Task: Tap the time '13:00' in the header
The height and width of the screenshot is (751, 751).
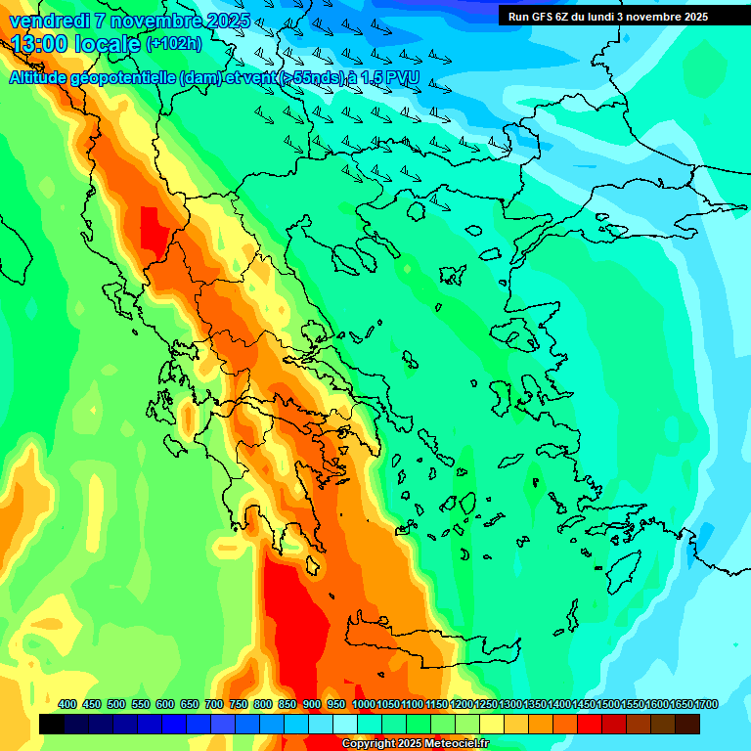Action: (40, 44)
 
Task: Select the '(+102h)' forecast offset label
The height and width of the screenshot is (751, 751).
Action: (174, 44)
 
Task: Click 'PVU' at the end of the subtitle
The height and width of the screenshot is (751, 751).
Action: (403, 77)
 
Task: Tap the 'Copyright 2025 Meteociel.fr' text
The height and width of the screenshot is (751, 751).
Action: (415, 744)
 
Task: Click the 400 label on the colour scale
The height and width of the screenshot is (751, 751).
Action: (67, 705)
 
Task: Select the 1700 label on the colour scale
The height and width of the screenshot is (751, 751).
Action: (706, 705)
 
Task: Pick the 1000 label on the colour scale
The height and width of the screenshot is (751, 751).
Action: (363, 705)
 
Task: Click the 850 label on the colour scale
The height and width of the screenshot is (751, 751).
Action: (287, 705)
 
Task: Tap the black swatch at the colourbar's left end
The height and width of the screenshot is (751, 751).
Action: (52, 725)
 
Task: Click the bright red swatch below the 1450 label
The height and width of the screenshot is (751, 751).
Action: (590, 725)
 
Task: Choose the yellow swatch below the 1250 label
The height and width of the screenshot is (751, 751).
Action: (492, 725)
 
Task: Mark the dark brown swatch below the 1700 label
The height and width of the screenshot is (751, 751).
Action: (687, 725)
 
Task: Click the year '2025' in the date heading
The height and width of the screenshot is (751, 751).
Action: (227, 21)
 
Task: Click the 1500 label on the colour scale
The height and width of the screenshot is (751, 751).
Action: (608, 705)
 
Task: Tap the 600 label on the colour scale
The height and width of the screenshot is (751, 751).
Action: (165, 705)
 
